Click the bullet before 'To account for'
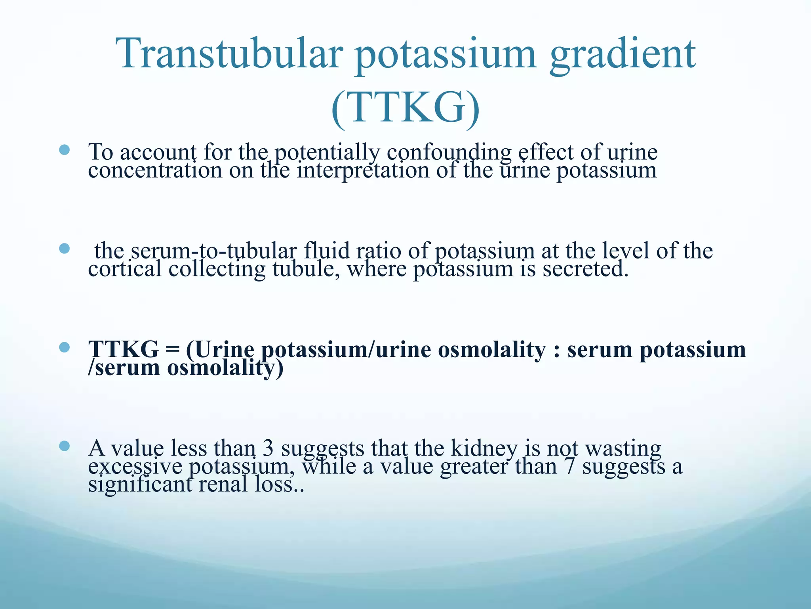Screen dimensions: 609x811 (x=64, y=150)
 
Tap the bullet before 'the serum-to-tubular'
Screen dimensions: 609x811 (x=64, y=249)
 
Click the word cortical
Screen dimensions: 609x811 (x=125, y=269)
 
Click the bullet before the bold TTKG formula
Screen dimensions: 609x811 (x=64, y=348)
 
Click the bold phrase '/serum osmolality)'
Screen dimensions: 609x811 (x=186, y=368)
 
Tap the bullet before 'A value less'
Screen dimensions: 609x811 (x=64, y=446)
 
